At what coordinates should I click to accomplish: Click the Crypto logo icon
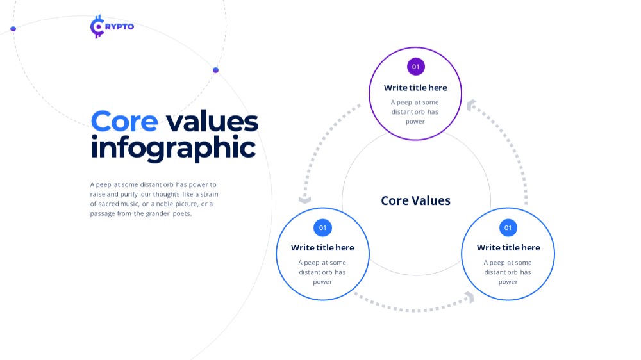97,26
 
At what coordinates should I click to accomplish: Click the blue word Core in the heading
124,121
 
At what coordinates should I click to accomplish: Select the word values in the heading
212,122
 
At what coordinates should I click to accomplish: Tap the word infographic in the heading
173,149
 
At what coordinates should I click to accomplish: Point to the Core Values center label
416,200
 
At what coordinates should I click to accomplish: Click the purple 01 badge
416,67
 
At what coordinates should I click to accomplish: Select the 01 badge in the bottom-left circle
322,227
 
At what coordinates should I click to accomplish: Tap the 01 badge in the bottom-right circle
508,227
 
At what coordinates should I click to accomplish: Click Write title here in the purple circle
415,88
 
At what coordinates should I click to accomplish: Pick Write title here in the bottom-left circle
322,248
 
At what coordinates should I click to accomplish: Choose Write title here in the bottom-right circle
508,248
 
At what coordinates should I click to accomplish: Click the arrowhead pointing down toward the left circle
304,200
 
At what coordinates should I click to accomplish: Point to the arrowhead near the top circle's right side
470,105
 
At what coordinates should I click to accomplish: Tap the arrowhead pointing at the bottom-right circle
470,297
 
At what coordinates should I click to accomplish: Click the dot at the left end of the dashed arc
13,29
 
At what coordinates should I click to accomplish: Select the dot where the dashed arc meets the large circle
216,70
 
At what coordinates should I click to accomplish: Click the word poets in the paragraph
182,213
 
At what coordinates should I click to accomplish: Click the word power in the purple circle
415,122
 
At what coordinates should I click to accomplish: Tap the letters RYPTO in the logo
119,26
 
